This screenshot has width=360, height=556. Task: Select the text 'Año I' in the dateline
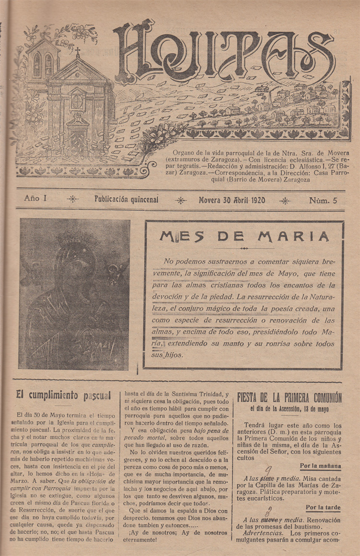35,198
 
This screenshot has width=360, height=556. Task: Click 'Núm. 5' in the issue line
323,200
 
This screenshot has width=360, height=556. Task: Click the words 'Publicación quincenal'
126,199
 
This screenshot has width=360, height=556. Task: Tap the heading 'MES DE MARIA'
244,236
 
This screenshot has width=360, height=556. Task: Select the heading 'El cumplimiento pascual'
63,396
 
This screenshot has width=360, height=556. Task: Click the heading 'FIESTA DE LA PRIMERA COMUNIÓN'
289,398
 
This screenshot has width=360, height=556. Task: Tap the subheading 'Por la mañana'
320,466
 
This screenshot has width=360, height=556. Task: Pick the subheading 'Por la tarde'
323,508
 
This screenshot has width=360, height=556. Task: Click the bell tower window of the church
37,65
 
